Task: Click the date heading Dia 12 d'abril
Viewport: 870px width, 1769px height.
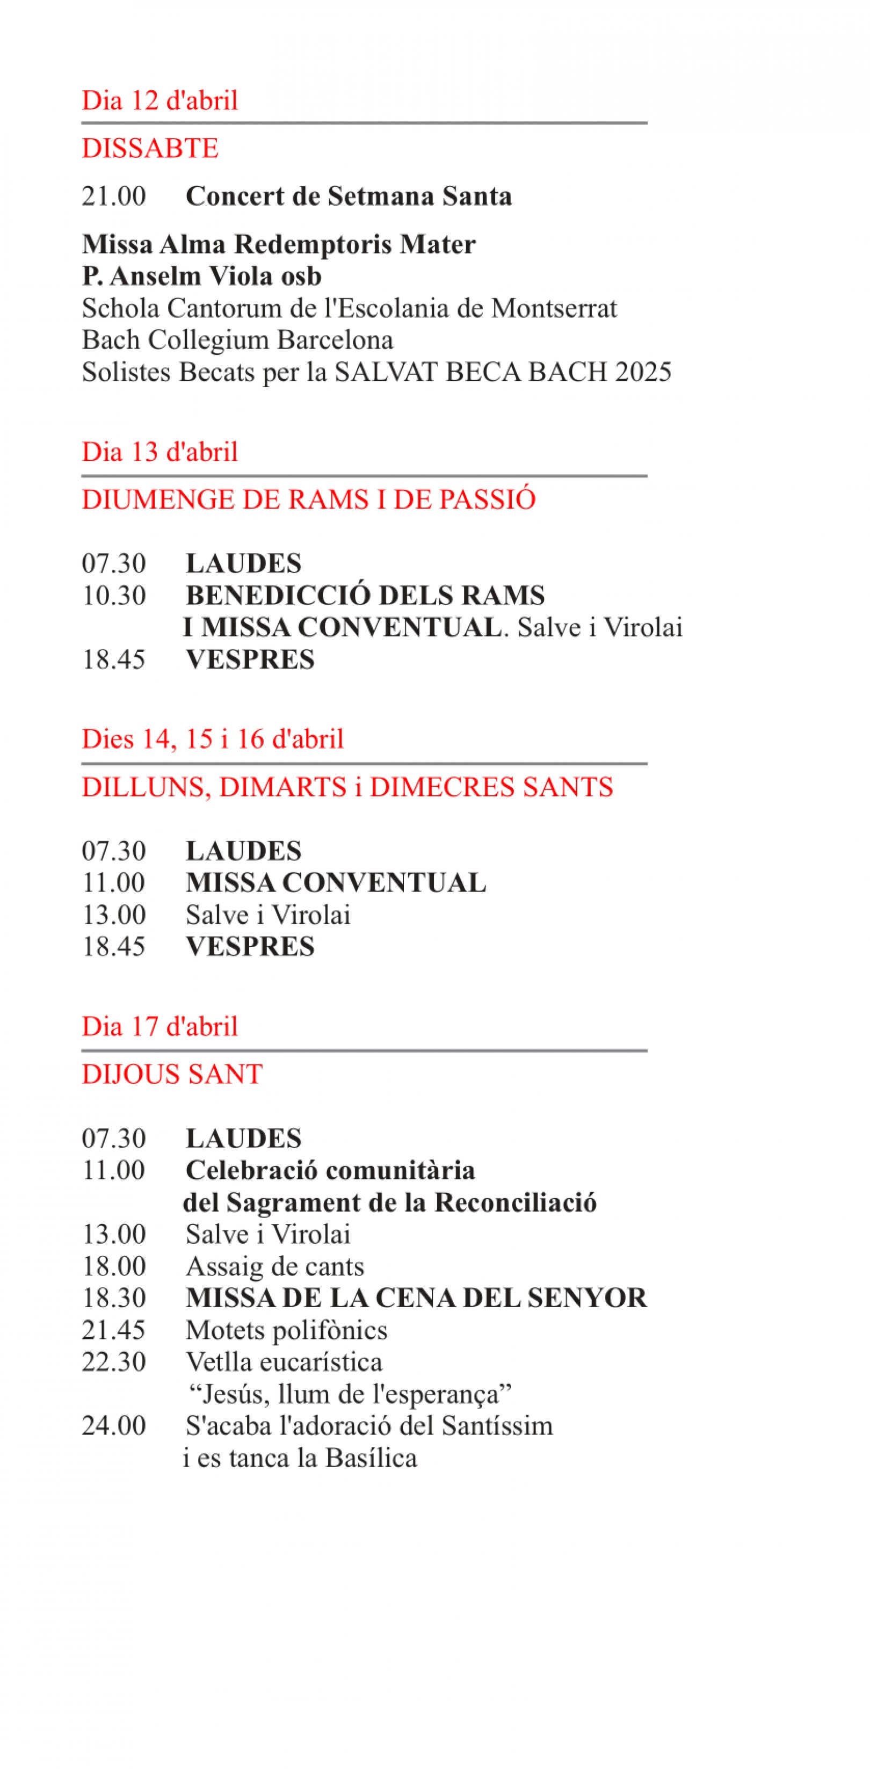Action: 160,100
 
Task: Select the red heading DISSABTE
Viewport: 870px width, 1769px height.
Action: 150,148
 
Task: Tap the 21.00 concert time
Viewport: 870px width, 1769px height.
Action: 113,197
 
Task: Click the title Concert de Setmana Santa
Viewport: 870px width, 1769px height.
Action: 348,197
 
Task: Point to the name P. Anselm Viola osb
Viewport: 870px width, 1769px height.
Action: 201,276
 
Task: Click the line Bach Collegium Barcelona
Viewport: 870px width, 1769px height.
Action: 237,340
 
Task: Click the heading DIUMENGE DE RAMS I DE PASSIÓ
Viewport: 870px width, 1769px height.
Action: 308,499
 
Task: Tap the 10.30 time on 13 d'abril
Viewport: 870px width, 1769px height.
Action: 113,596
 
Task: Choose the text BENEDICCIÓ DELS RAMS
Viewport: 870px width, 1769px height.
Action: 365,596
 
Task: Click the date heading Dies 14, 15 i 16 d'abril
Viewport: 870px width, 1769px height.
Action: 212,739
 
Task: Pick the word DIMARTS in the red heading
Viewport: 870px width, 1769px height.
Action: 283,787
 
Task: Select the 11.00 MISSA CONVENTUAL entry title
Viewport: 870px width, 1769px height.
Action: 336,882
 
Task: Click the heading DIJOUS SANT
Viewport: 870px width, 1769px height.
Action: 172,1074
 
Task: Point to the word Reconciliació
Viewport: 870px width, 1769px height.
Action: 516,1202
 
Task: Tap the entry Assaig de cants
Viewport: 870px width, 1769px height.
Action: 274,1266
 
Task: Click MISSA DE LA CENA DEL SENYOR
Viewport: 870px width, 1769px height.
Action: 416,1298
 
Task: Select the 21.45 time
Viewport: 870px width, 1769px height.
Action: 113,1330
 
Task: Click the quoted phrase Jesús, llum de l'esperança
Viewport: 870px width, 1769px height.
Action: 350,1394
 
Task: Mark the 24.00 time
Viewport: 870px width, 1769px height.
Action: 113,1426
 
